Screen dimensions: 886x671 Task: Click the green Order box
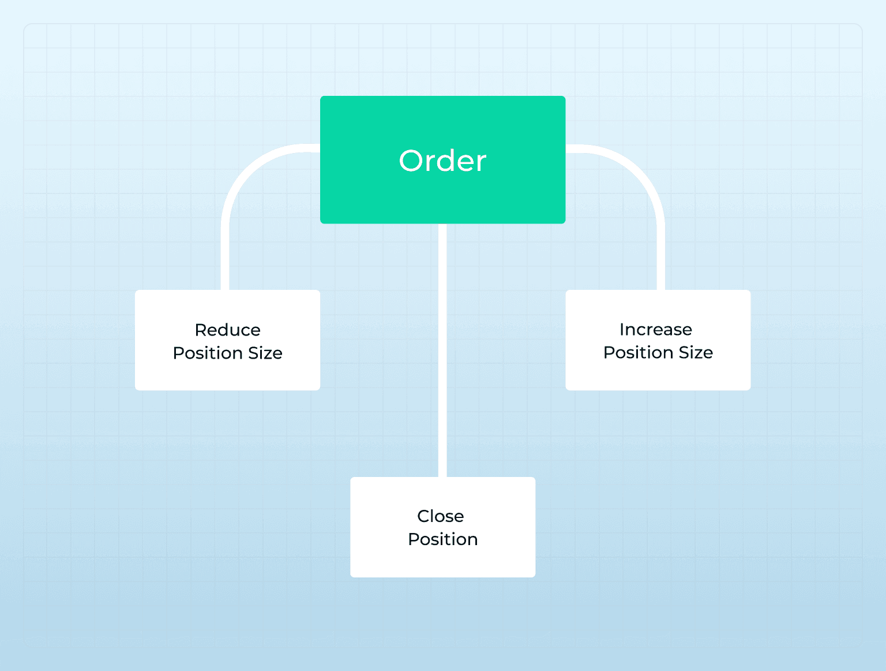tap(442, 159)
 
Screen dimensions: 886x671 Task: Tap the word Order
tap(442, 161)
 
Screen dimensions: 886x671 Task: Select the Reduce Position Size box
tap(227, 340)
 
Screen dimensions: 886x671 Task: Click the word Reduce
tap(228, 330)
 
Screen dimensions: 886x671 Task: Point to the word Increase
tap(656, 330)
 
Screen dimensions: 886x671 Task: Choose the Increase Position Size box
tap(658, 340)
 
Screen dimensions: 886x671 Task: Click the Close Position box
tap(443, 527)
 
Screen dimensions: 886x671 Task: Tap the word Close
tap(440, 516)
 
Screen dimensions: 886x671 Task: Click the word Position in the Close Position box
tap(443, 540)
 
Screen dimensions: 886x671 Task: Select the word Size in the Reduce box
tap(265, 353)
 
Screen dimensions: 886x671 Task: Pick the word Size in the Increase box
tap(696, 353)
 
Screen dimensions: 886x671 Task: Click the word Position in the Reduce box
tap(208, 353)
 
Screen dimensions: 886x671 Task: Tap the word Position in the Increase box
tap(639, 353)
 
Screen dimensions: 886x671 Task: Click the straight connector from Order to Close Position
tap(442, 351)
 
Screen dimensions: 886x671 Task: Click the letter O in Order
tap(411, 161)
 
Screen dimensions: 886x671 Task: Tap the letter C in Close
tap(423, 516)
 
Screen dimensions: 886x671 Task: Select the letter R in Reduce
tap(201, 330)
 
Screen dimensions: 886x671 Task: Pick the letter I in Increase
tap(622, 330)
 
